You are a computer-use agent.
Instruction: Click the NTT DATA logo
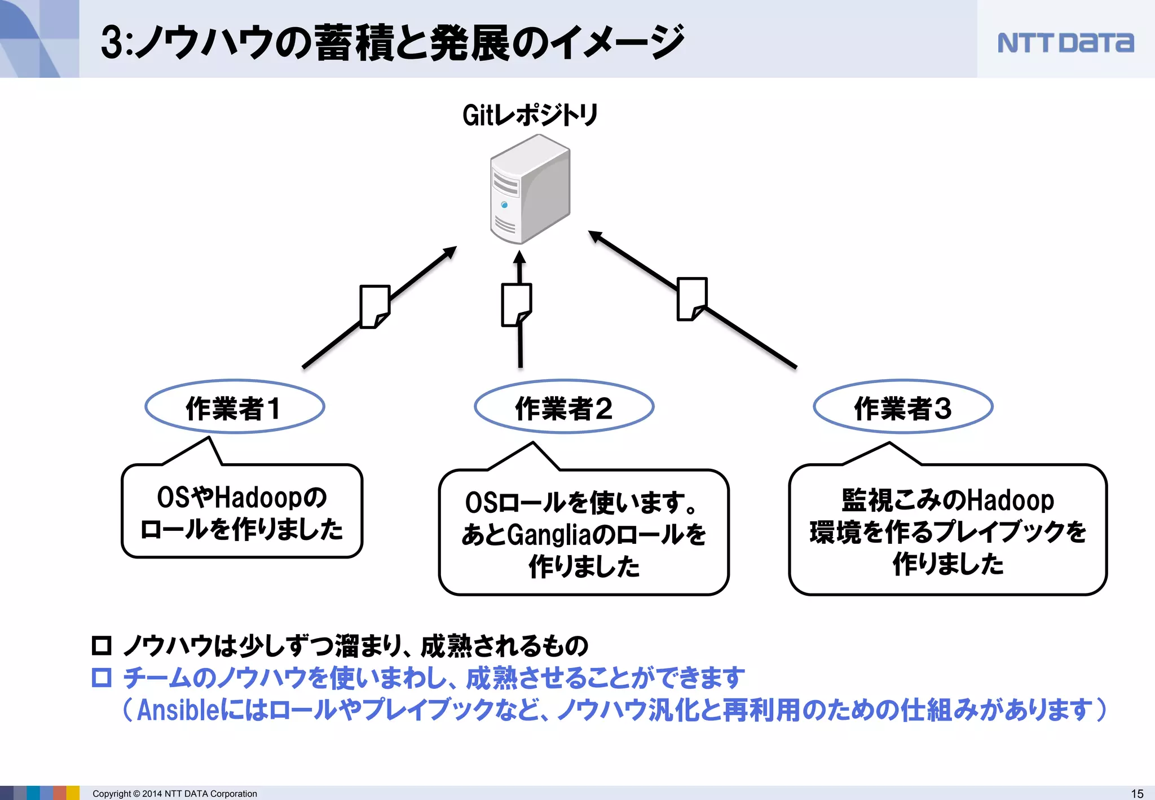(x=1065, y=43)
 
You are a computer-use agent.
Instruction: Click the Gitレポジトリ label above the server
(x=530, y=115)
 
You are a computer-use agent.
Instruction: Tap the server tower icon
(x=530, y=189)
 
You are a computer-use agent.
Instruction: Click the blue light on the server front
(x=504, y=205)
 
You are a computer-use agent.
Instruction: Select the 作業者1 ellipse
(x=235, y=407)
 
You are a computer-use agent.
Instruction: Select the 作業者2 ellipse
(x=564, y=407)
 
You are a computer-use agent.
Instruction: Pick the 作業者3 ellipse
(x=903, y=407)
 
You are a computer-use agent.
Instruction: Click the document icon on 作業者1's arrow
(x=374, y=306)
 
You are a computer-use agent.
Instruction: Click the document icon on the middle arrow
(x=516, y=305)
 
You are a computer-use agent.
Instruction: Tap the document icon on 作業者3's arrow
(x=691, y=298)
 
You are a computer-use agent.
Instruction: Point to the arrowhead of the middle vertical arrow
(x=519, y=257)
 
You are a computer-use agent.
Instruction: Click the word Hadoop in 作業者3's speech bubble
(x=1011, y=500)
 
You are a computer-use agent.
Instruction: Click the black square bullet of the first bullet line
(x=102, y=645)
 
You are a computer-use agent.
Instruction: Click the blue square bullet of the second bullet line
(x=102, y=677)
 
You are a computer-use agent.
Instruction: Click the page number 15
(x=1137, y=793)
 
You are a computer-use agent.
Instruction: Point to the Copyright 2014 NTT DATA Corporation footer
(x=175, y=793)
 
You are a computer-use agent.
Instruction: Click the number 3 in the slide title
(x=112, y=43)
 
